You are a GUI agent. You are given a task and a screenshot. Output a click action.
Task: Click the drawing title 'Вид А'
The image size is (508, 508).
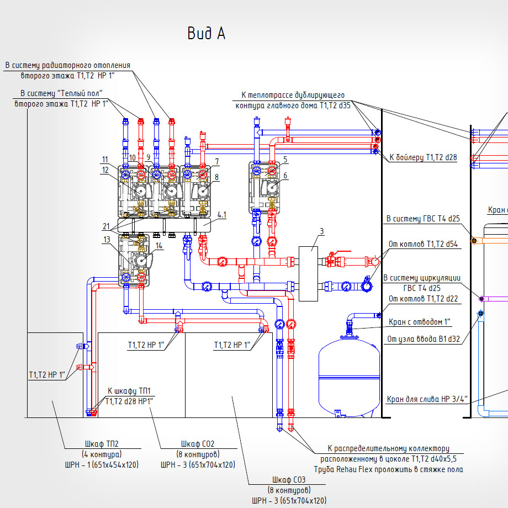click(206, 34)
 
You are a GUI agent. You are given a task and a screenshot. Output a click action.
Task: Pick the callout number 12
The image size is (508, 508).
click(105, 170)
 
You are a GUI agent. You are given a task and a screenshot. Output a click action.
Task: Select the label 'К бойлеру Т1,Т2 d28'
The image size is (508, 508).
click(423, 157)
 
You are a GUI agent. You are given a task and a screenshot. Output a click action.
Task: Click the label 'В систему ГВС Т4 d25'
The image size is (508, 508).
click(423, 219)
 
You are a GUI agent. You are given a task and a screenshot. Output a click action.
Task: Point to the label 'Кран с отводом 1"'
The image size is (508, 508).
click(420, 321)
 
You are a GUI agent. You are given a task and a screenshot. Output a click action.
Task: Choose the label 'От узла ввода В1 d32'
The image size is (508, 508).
click(423, 338)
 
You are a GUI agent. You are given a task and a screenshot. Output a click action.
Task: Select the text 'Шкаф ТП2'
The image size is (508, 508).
click(102, 443)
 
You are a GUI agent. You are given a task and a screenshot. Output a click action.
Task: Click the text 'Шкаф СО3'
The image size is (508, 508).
click(288, 479)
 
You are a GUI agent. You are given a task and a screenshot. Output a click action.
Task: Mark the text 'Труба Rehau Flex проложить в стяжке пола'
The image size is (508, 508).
click(388, 469)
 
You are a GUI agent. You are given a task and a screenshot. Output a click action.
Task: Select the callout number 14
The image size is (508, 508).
click(159, 245)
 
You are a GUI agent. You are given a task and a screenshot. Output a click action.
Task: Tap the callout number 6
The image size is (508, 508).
click(285, 176)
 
